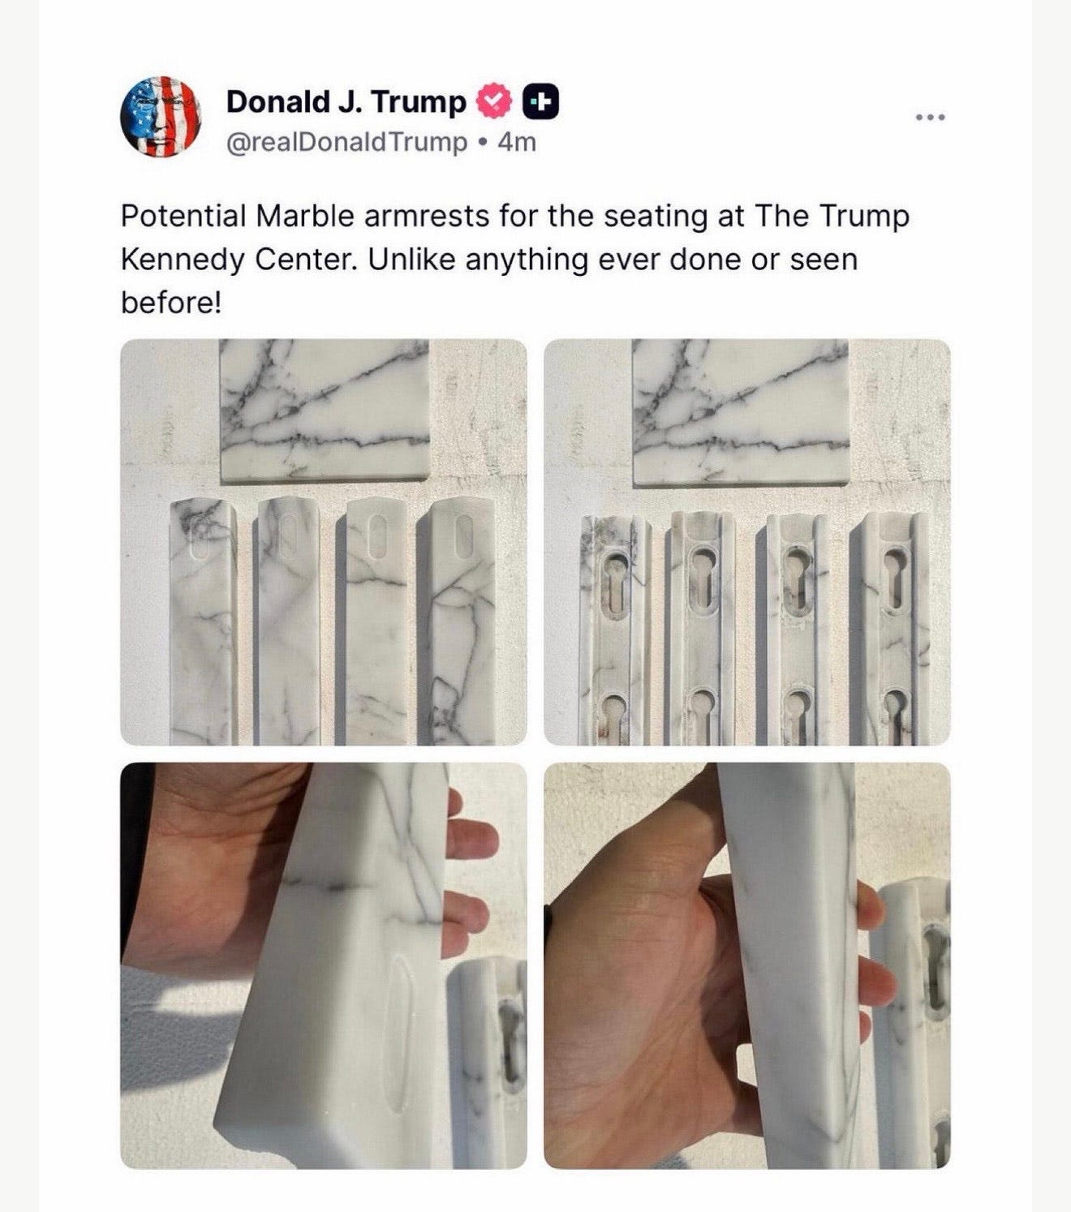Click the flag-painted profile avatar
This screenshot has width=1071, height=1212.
[161, 117]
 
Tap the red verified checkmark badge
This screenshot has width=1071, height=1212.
[494, 102]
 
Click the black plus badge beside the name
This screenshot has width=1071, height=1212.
[541, 102]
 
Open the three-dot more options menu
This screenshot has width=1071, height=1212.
[931, 118]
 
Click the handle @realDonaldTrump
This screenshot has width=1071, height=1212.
[346, 143]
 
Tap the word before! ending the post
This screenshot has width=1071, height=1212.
[171, 302]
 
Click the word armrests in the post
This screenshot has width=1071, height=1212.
[427, 216]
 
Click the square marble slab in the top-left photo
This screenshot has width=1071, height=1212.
[325, 410]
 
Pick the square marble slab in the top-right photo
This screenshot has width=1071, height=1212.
[741, 411]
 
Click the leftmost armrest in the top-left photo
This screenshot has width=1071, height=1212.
[203, 622]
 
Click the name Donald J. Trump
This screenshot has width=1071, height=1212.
[346, 101]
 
